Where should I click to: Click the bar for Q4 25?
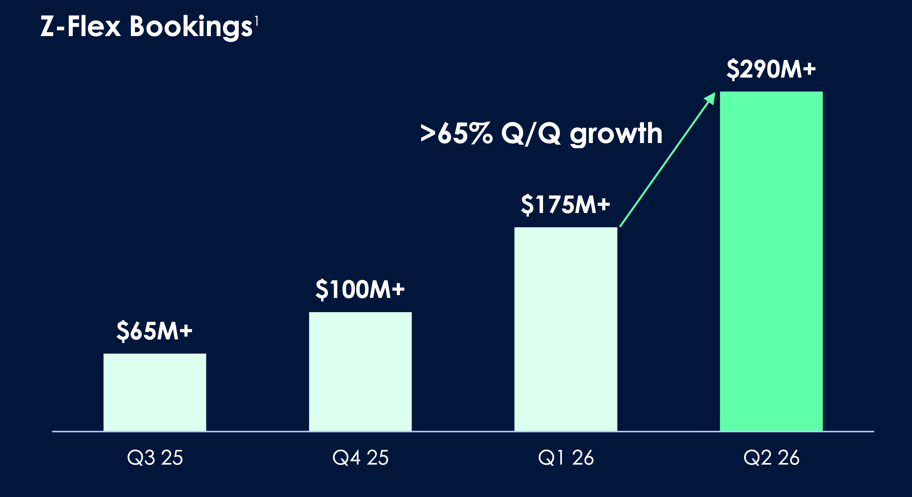click(360, 372)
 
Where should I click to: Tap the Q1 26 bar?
click(566, 329)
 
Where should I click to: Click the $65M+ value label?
click(154, 331)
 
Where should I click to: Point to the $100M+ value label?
click(360, 289)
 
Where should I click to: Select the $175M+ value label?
click(566, 205)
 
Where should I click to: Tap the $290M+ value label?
click(771, 69)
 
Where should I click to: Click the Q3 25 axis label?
click(155, 457)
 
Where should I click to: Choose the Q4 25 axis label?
click(360, 457)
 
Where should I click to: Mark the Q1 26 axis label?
click(566, 457)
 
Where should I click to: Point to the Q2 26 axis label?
click(771, 457)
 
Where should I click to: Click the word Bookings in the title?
click(191, 27)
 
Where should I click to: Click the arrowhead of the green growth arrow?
click(710, 97)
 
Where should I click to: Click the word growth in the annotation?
click(616, 135)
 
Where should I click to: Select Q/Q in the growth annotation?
click(531, 134)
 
